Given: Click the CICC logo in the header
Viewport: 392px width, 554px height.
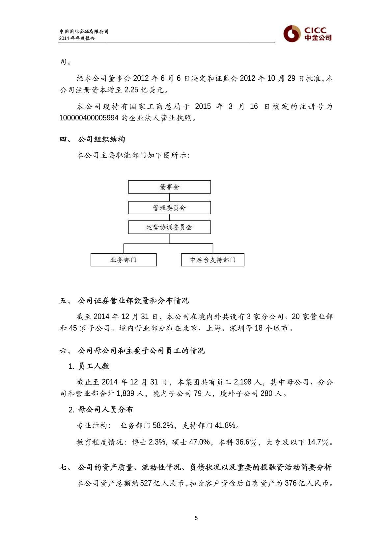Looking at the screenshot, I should (x=307, y=34).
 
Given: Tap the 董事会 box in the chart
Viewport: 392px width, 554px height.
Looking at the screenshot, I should (x=169, y=187).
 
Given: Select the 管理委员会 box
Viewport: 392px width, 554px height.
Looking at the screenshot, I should (x=169, y=208).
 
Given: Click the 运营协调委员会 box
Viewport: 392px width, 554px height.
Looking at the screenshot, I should (x=169, y=227).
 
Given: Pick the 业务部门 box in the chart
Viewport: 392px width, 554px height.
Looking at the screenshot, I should (x=124, y=260).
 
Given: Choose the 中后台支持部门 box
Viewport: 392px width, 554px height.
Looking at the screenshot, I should (x=212, y=260).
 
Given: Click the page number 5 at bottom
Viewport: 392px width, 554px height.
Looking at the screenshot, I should (x=196, y=518).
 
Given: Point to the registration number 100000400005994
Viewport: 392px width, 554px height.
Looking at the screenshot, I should (x=89, y=118).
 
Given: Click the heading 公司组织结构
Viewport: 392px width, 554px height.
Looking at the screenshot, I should (x=101, y=139).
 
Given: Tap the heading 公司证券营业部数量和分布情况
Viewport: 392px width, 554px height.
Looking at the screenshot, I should (x=133, y=301).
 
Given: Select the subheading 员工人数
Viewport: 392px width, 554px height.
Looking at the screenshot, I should (x=94, y=366).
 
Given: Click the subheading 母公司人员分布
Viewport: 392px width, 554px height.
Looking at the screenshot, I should (x=105, y=410).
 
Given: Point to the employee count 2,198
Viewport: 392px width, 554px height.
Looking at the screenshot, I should (x=243, y=382).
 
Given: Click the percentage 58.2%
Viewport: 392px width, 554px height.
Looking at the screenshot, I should (x=163, y=425).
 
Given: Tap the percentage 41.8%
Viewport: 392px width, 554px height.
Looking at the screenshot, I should (x=225, y=425).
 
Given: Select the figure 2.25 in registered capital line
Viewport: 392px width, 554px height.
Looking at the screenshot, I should (x=131, y=90).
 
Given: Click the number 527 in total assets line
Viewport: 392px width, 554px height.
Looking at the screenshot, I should (x=146, y=483).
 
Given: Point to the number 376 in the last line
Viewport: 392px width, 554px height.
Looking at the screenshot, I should (x=291, y=483).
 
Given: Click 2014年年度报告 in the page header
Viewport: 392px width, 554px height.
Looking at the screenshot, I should (x=77, y=38).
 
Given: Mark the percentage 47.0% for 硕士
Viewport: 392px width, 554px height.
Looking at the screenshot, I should (x=199, y=442).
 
